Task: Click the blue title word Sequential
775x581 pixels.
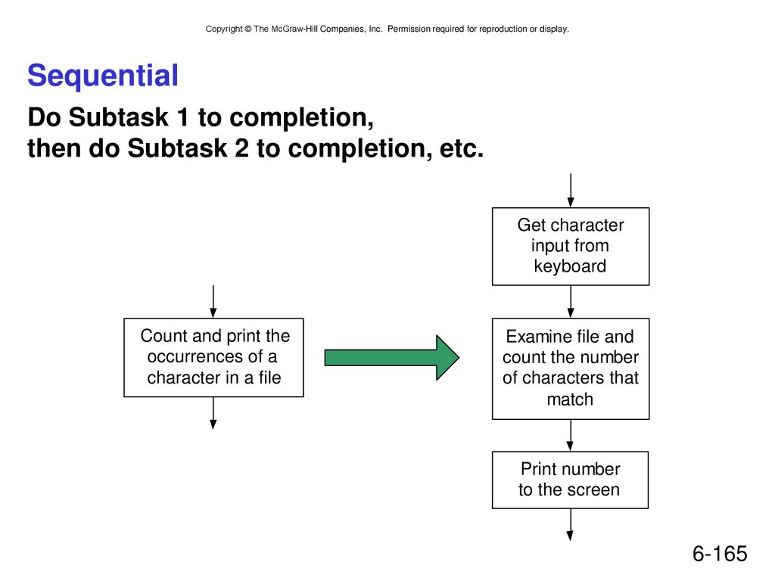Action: tap(103, 76)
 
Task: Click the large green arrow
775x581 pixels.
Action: tap(391, 358)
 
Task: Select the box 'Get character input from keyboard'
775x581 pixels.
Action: tap(571, 247)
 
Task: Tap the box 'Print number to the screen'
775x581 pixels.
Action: tap(570, 480)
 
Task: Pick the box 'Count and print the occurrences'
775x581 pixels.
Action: tap(213, 358)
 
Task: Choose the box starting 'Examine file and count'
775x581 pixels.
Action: tap(571, 369)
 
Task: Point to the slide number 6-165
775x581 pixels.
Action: tap(720, 554)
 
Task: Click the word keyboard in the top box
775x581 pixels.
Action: tap(570, 266)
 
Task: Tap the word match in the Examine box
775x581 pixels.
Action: tap(570, 399)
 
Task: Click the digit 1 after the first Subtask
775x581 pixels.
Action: tap(183, 117)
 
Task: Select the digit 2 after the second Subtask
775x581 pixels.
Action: tap(241, 148)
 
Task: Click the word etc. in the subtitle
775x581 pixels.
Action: tap(462, 149)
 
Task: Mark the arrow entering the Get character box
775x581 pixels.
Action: tap(571, 190)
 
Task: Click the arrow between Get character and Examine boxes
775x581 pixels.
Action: tap(571, 302)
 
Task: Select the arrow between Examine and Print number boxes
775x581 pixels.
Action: tap(571, 435)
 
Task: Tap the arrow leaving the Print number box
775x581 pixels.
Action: tap(571, 525)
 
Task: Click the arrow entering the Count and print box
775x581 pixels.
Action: tap(213, 301)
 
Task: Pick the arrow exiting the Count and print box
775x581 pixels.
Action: tap(213, 413)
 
